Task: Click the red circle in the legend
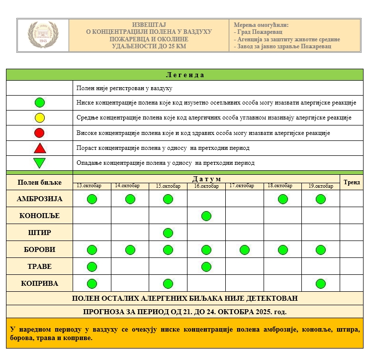click(x=40, y=133)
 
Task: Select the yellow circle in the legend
click(x=40, y=118)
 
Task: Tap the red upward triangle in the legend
click(x=40, y=148)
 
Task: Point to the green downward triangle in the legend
click(x=40, y=163)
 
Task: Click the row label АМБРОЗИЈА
click(x=39, y=199)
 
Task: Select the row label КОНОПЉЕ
click(x=39, y=216)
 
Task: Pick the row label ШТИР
click(x=39, y=233)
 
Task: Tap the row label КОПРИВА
click(x=39, y=283)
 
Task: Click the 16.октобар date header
click(x=206, y=186)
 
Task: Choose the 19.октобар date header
click(x=320, y=186)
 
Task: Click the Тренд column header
click(x=352, y=182)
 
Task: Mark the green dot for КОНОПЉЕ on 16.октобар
click(x=206, y=216)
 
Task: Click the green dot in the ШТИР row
click(x=168, y=233)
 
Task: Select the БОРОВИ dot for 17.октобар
click(x=244, y=249)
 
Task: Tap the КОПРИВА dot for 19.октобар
click(x=321, y=283)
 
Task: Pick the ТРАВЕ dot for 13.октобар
click(x=92, y=266)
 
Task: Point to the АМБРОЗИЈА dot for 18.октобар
click(x=282, y=199)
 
